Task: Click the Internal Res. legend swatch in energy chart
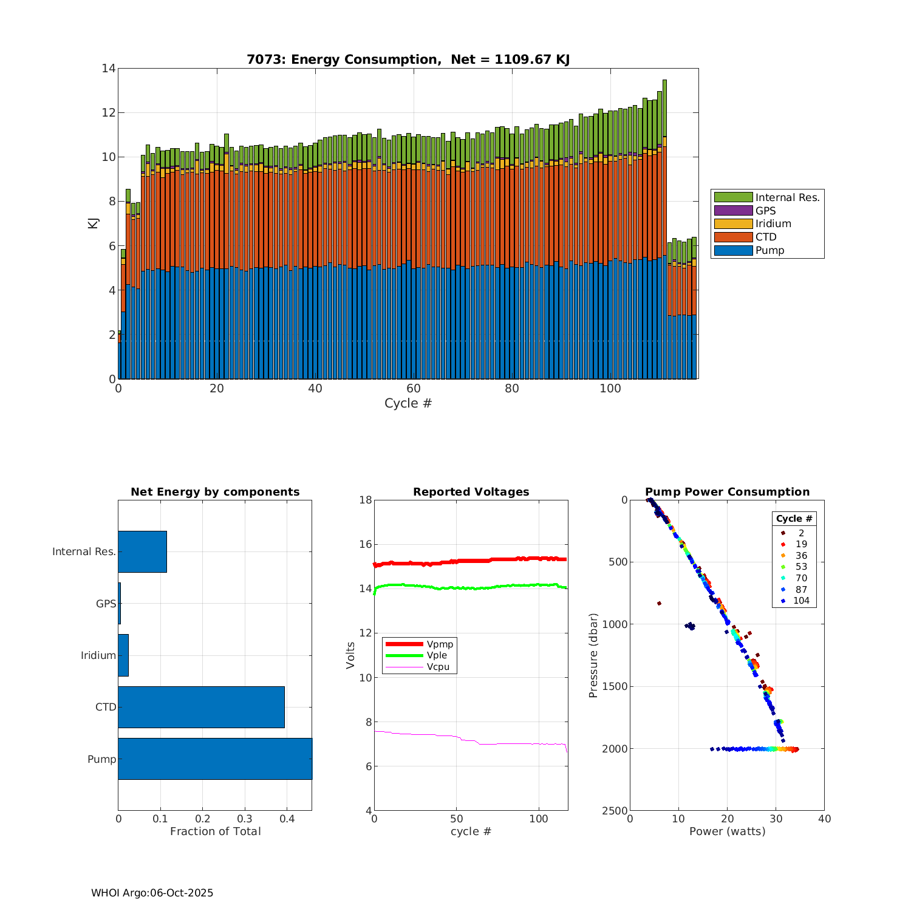point(733,197)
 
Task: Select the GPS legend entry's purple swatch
point(733,211)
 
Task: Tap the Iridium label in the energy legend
point(773,224)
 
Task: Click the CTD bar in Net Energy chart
point(201,707)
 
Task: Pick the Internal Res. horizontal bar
point(142,551)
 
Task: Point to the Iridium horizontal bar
point(123,655)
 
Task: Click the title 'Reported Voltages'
point(471,492)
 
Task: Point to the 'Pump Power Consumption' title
point(727,492)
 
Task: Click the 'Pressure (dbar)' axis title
point(593,655)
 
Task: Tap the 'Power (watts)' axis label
point(727,831)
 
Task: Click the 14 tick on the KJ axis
point(109,69)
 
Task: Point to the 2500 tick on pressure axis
point(616,811)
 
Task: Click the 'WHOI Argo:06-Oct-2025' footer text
point(152,893)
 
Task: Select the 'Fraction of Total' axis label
point(215,831)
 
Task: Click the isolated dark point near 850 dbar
point(659,603)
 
